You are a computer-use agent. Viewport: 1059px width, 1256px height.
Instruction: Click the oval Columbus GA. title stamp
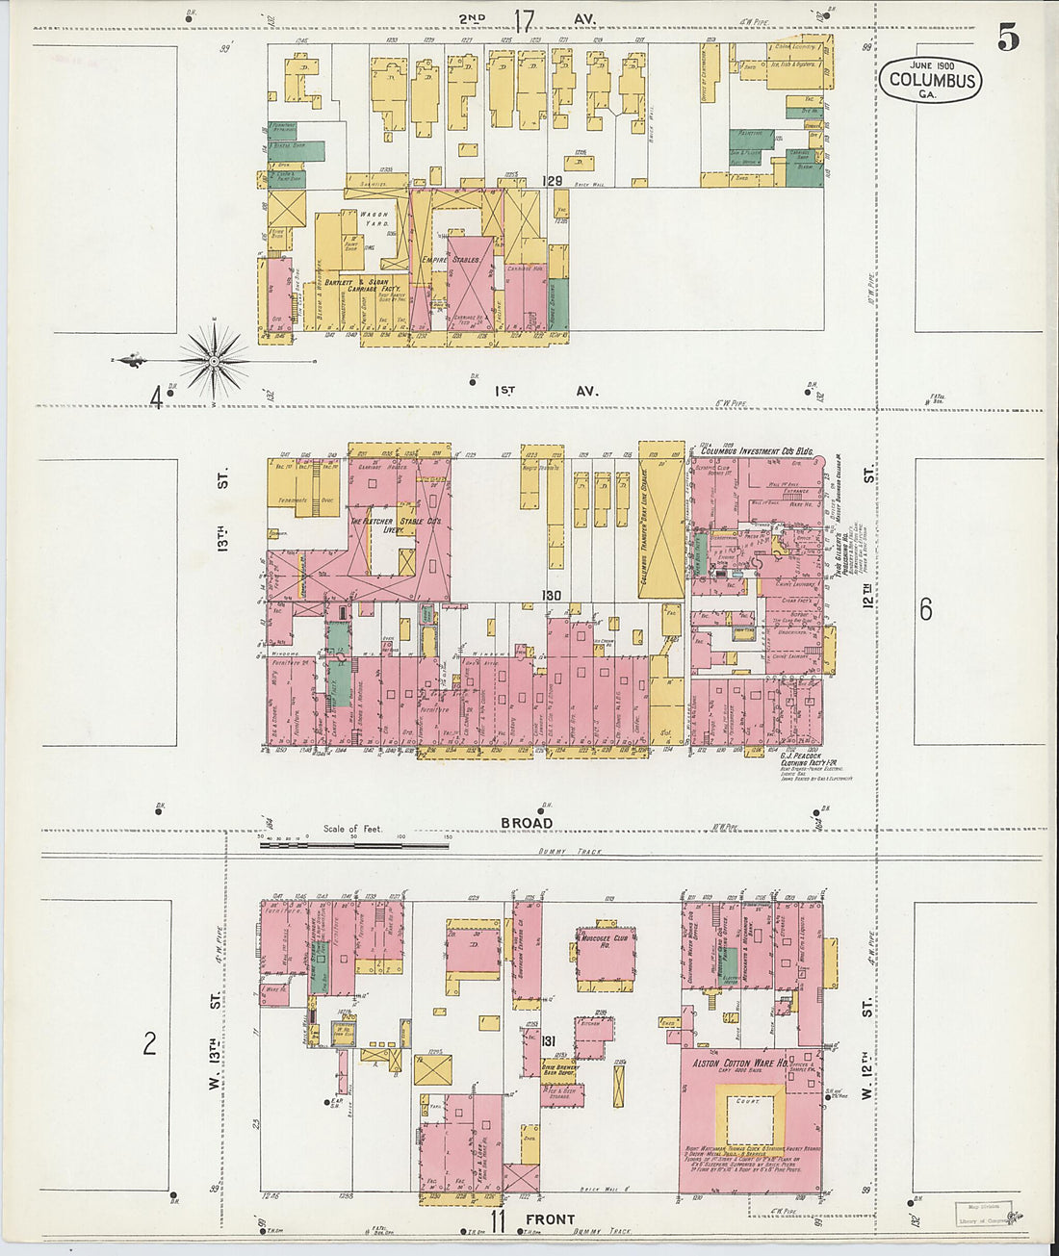(x=930, y=80)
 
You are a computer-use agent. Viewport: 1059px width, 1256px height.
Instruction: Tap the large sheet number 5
(x=1007, y=37)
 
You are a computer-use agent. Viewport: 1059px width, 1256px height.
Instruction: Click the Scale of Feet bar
(x=353, y=844)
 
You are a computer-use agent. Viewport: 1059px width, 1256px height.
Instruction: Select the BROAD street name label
(x=526, y=823)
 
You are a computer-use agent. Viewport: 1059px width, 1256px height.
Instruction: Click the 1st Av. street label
(x=546, y=391)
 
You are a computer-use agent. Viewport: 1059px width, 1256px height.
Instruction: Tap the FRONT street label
(x=550, y=1219)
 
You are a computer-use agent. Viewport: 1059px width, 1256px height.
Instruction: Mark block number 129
(x=552, y=181)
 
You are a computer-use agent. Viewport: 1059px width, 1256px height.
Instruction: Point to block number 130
(x=551, y=596)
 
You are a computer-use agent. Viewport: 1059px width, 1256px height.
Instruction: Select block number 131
(x=549, y=1041)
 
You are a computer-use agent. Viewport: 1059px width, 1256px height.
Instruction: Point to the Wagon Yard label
(x=374, y=220)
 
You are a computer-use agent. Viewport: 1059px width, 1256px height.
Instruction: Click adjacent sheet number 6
(x=925, y=609)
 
